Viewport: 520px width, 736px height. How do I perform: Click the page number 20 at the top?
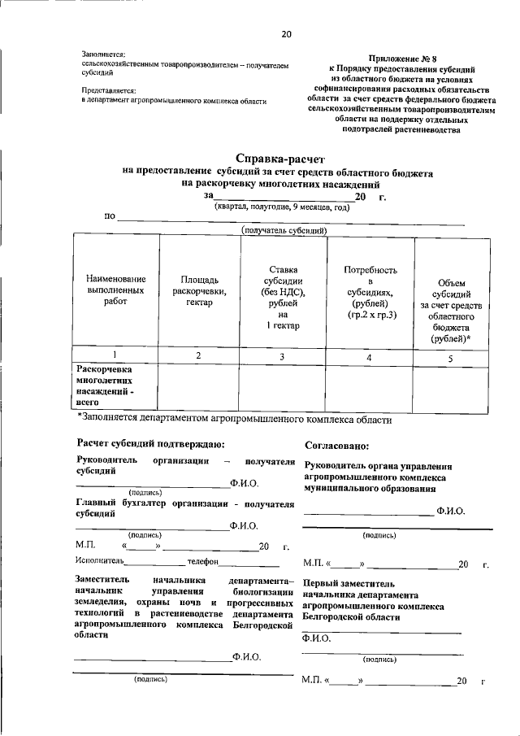(x=286, y=34)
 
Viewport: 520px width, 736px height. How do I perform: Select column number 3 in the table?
(x=282, y=356)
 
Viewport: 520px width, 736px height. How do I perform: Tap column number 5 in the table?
(x=450, y=356)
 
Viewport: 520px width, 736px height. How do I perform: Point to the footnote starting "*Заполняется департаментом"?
(x=235, y=420)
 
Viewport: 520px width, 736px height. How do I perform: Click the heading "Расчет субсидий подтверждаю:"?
(x=150, y=445)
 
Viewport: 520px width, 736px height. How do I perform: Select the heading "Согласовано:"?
(x=337, y=446)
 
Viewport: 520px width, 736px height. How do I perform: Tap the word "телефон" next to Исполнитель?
(x=203, y=561)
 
